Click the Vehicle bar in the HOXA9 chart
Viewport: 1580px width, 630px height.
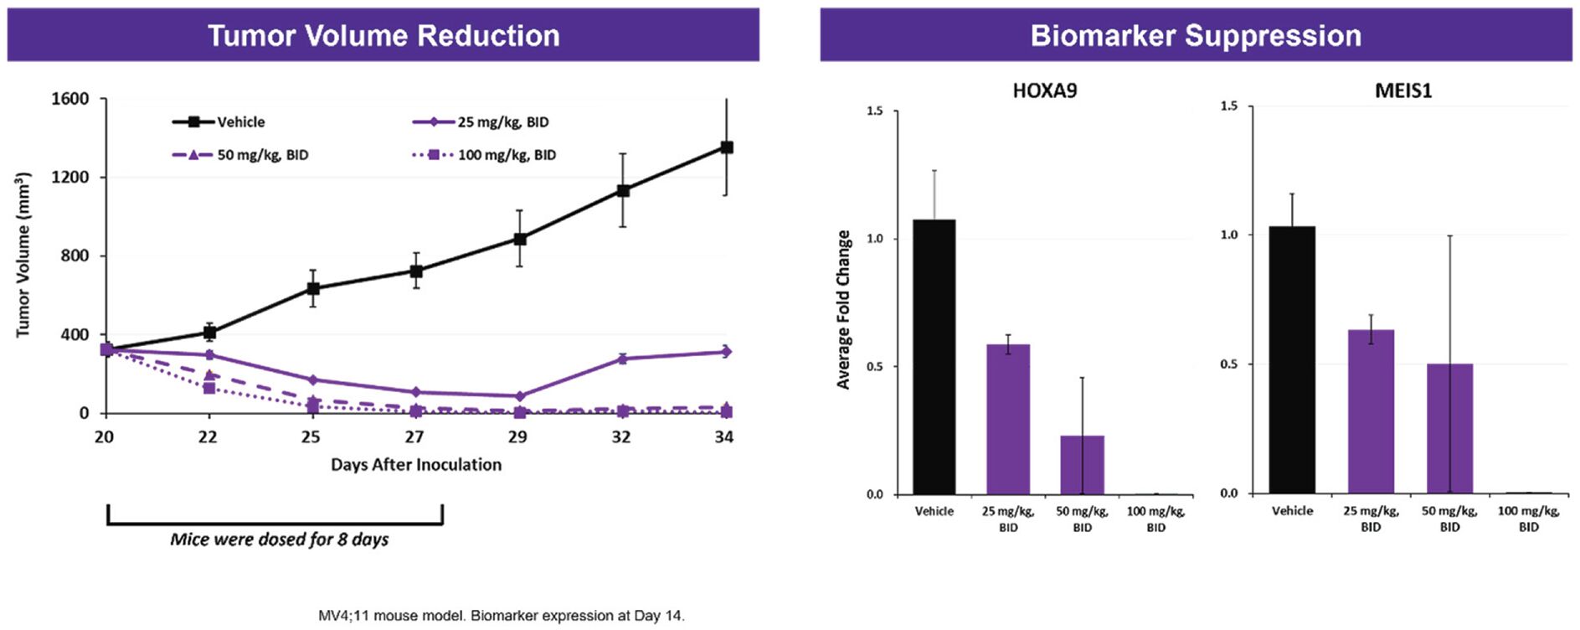tap(934, 357)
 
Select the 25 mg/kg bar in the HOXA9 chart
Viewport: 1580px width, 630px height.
tap(1007, 419)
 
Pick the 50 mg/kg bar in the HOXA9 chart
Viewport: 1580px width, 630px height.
tap(1082, 465)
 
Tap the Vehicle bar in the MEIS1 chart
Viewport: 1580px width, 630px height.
tap(1291, 359)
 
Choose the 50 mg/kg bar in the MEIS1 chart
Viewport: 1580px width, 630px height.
tap(1449, 428)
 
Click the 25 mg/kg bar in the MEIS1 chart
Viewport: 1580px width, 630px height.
tap(1371, 411)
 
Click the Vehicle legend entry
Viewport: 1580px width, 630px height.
tap(219, 122)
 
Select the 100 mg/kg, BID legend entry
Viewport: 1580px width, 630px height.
tap(485, 155)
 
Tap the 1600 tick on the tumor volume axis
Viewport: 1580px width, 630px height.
tap(70, 99)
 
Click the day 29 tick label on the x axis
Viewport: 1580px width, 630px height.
tap(517, 436)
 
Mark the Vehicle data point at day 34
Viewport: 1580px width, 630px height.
tap(727, 147)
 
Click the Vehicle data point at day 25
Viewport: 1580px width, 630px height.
tap(312, 289)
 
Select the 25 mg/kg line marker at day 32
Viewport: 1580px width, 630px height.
tap(622, 359)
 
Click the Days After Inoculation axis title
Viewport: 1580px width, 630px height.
tap(416, 465)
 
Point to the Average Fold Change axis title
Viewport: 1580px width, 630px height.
tap(843, 310)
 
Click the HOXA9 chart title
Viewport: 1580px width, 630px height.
tap(1044, 90)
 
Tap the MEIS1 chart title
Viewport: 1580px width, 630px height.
tap(1403, 90)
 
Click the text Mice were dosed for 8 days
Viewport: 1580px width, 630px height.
tap(280, 540)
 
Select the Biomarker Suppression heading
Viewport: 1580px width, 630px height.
tap(1195, 35)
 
